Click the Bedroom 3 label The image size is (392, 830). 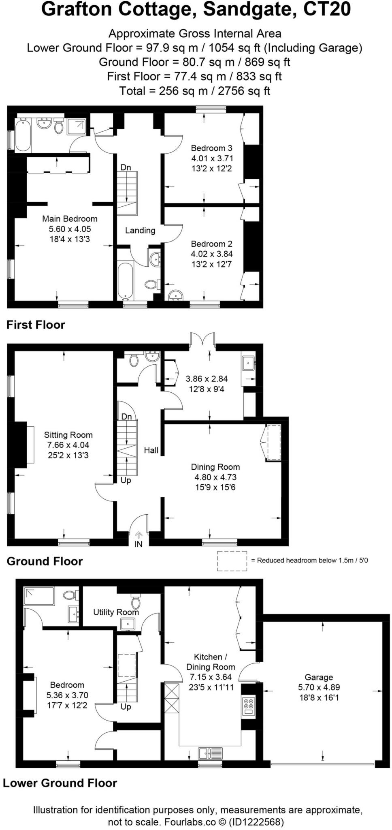tap(211, 148)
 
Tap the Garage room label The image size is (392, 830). tap(319, 677)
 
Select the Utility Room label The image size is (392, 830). tap(116, 612)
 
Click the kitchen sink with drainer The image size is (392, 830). tap(210, 753)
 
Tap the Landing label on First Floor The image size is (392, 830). tap(140, 230)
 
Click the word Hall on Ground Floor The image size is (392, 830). tap(151, 450)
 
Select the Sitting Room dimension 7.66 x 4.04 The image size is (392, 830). tap(68, 445)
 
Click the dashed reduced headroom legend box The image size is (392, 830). tap(232, 561)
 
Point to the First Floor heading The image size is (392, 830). tap(36, 325)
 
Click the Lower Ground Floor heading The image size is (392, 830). tap(60, 783)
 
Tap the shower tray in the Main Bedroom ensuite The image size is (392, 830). tap(76, 126)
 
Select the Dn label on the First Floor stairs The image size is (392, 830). tap(126, 167)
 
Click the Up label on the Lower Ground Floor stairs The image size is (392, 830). tap(126, 707)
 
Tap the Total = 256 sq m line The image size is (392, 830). tap(194, 90)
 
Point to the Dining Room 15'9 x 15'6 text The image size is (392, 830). tap(215, 488)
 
